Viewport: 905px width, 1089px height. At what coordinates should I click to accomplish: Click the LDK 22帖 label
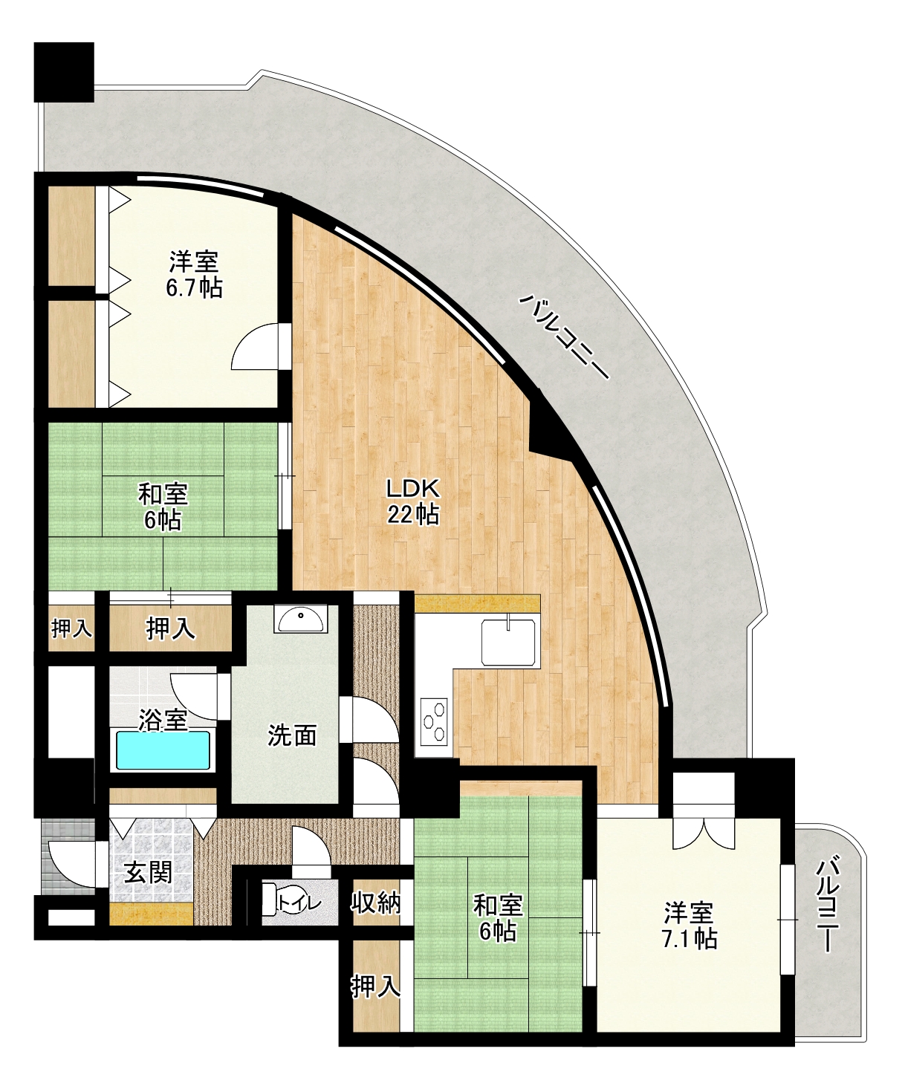point(413,501)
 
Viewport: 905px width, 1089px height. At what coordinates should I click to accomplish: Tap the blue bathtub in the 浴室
point(163,750)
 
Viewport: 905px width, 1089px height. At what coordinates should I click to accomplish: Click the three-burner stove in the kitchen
point(435,721)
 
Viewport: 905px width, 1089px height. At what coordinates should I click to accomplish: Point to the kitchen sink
point(508,643)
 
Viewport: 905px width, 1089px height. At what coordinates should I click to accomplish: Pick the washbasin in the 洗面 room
point(301,619)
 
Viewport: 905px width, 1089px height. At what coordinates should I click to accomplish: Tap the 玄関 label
point(148,874)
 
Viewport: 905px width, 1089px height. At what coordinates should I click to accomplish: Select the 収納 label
point(375,903)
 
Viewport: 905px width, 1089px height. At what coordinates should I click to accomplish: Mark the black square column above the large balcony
point(64,72)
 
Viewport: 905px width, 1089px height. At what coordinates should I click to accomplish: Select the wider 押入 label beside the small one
point(170,628)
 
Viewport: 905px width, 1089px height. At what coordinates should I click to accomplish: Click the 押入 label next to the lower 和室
point(375,986)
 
